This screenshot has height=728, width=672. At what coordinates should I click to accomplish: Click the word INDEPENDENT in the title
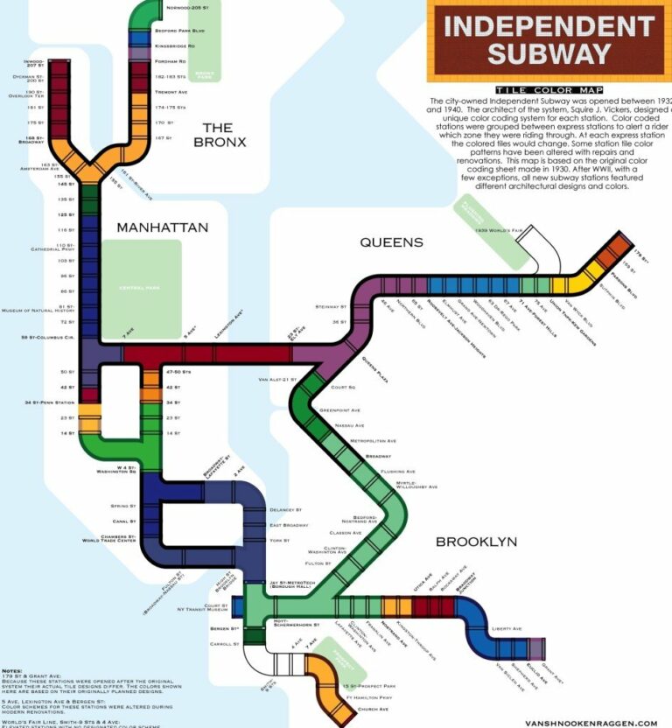click(549, 24)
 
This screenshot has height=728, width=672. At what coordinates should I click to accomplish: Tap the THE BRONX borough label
click(218, 135)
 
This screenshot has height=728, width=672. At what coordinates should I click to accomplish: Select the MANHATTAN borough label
click(163, 227)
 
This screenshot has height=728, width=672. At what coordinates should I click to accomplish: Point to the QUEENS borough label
click(391, 242)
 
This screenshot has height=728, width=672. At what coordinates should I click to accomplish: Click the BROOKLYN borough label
click(476, 542)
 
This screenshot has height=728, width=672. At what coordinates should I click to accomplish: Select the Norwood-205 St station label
click(187, 8)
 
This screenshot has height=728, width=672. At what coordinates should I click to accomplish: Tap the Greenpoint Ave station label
click(339, 409)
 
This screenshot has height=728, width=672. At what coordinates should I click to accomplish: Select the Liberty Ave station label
click(507, 628)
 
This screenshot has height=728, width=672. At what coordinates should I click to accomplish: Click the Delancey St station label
click(285, 509)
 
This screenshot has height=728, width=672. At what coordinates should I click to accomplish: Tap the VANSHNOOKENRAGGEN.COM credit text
click(591, 723)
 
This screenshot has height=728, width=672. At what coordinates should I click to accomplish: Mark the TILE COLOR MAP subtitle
click(535, 90)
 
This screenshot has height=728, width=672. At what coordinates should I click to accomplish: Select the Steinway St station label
click(332, 307)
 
